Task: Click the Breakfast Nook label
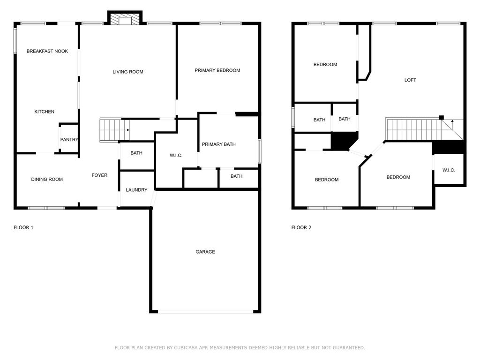[x=47, y=51]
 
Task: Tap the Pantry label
[x=69, y=140]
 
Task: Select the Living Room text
[x=128, y=72]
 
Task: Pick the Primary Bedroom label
[x=217, y=70]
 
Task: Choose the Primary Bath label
[x=218, y=144]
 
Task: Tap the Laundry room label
[x=136, y=190]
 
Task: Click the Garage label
[x=205, y=252]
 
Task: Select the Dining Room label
[x=47, y=180]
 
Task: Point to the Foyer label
[x=99, y=175]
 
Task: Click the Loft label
[x=410, y=80]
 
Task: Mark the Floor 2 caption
[x=301, y=227]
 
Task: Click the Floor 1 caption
[x=23, y=227]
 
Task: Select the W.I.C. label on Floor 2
[x=449, y=170]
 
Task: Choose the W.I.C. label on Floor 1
[x=176, y=156]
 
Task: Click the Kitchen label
[x=45, y=112]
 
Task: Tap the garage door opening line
[x=206, y=312]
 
